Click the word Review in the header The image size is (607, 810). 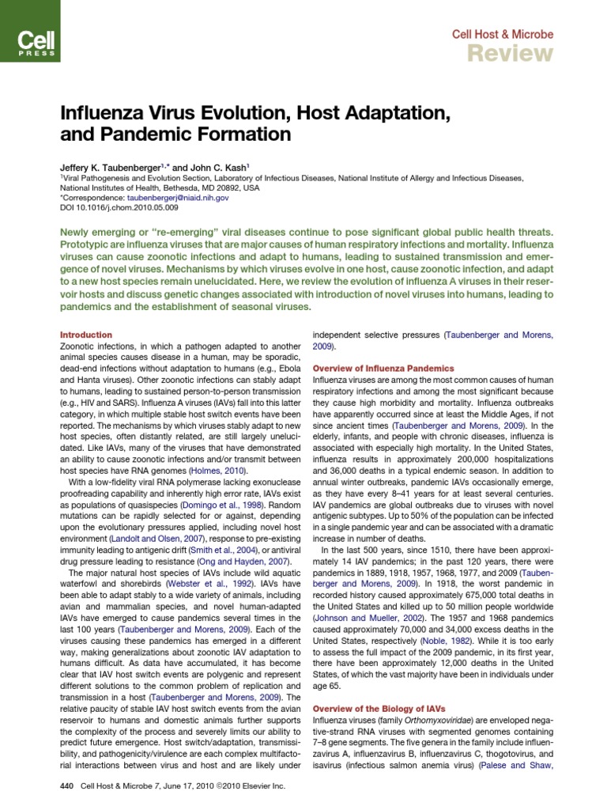(x=510, y=53)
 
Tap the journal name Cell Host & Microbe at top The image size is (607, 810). (x=502, y=34)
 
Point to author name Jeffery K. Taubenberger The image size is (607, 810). (x=111, y=168)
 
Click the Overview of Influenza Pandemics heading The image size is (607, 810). (x=383, y=369)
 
